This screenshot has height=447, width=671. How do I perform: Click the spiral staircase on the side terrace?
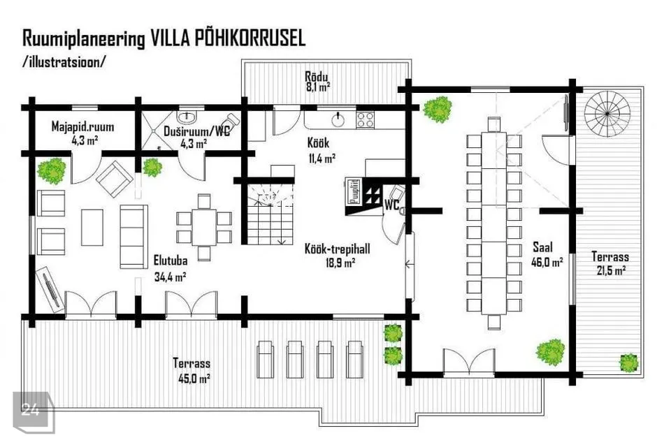(607, 114)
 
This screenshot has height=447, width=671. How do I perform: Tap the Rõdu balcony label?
(316, 77)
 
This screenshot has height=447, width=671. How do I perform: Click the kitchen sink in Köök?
(338, 119)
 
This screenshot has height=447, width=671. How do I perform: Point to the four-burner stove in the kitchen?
(365, 119)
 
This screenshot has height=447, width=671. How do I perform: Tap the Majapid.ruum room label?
(82, 126)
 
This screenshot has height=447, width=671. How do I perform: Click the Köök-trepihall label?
(337, 249)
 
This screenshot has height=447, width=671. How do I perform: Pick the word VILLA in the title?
(170, 38)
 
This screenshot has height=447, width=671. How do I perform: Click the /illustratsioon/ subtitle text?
(64, 61)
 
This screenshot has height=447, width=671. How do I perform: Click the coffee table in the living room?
(92, 227)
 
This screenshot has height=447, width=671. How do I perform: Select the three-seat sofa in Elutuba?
(134, 237)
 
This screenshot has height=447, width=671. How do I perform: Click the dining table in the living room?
(204, 227)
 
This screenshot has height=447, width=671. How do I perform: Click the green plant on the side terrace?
(628, 362)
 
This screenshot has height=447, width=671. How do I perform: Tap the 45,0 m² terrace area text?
(194, 379)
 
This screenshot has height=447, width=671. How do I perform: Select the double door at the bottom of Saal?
(469, 362)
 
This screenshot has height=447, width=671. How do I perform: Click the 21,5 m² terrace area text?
(611, 270)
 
